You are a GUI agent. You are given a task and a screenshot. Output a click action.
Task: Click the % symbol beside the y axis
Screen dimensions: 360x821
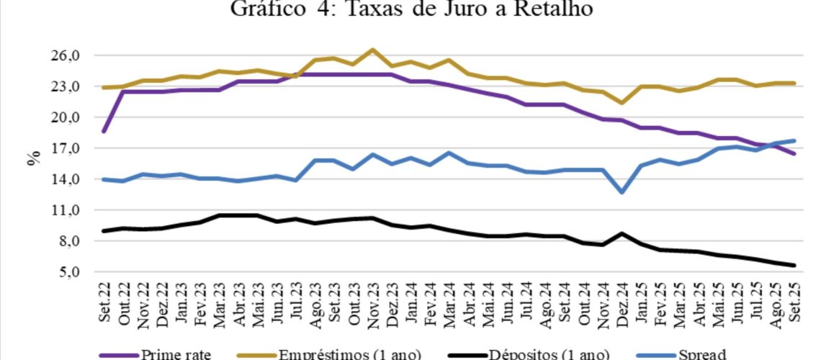[x=33, y=159]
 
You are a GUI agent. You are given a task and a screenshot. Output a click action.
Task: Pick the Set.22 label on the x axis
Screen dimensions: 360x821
[x=105, y=303]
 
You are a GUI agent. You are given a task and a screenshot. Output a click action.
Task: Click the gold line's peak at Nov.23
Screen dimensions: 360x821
[x=372, y=50]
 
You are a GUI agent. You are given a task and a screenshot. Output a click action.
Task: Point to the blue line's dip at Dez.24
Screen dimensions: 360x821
[x=621, y=192]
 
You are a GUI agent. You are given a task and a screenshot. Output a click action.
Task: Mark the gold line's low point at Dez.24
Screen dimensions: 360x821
[x=621, y=103]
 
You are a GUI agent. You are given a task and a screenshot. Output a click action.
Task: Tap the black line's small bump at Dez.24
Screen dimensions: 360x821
[x=621, y=233]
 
